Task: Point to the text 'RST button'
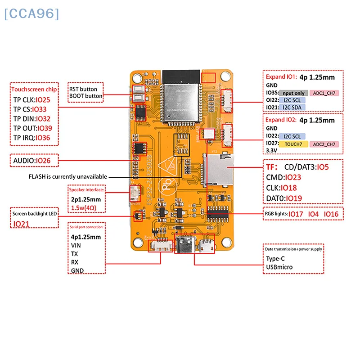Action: pyautogui.click(x=83, y=89)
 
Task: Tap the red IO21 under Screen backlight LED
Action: pyautogui.click(x=22, y=224)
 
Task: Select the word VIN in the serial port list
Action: pyautogui.click(x=76, y=246)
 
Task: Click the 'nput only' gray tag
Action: pyautogui.click(x=294, y=93)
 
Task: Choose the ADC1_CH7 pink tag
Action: pyautogui.click(x=324, y=93)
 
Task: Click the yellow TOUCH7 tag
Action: pyautogui.click(x=293, y=144)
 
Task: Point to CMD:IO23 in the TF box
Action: pyautogui.click(x=283, y=177)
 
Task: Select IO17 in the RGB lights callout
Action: pyautogui.click(x=296, y=214)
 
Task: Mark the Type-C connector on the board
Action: pyautogui.click(x=186, y=246)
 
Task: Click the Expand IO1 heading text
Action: pyautogui.click(x=281, y=76)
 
